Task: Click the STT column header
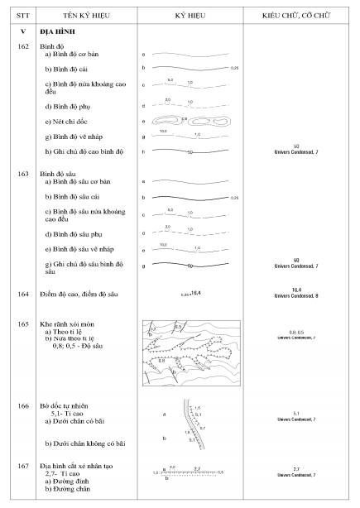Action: [x=17, y=16]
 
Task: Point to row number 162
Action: [x=17, y=46]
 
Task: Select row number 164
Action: [x=17, y=293]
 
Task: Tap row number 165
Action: [x=17, y=323]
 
